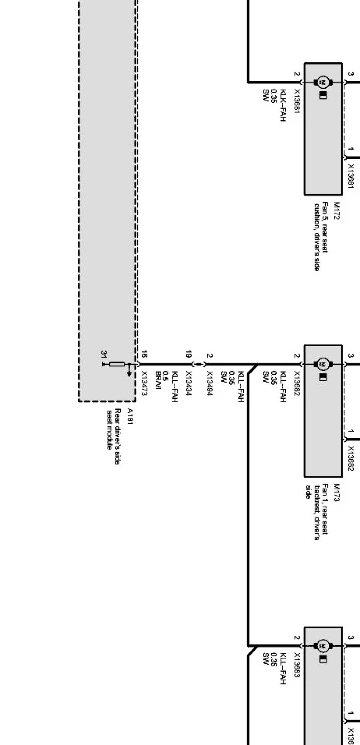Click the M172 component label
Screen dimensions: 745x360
coord(337,208)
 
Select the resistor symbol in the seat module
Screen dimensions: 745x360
coord(117,364)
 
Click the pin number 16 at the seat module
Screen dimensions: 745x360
coord(144,355)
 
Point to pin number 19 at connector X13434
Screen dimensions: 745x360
coord(189,355)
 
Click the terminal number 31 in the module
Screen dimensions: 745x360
coord(104,354)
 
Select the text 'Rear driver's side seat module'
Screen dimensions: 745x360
coord(114,429)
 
